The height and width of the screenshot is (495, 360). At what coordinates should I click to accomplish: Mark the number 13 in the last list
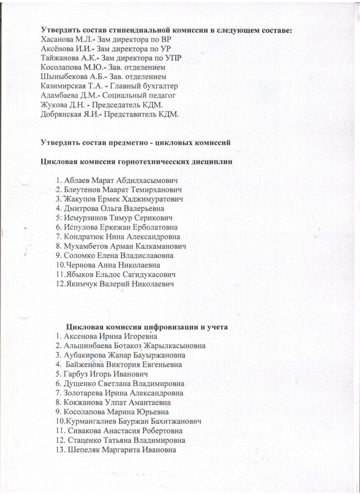(x=60, y=450)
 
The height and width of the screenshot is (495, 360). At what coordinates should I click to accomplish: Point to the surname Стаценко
(x=83, y=440)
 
